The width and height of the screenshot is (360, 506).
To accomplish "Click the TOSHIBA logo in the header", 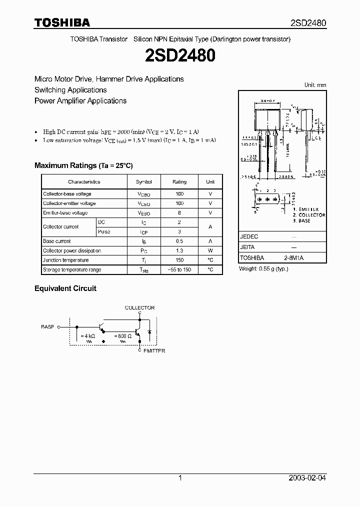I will [62, 22].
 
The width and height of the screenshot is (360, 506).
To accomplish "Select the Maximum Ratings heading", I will [83, 165].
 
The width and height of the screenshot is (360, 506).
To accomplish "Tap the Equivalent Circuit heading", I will [65, 288].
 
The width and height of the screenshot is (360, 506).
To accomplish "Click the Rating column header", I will [179, 182].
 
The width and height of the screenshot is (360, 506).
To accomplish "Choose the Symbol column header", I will [144, 182].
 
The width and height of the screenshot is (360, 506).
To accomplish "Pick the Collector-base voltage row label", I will [67, 194].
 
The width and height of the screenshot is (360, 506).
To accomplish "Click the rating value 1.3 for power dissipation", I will [179, 251].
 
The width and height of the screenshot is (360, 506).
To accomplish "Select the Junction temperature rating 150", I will [179, 260].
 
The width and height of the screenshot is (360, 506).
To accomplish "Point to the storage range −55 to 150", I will [179, 270].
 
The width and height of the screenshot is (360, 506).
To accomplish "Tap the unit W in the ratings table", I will [210, 251].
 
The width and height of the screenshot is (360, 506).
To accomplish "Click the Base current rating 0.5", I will [179, 241].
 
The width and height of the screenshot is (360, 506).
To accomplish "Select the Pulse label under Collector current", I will [104, 232].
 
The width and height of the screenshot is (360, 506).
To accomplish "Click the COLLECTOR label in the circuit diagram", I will [139, 308].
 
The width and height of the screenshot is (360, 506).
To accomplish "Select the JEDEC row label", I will [249, 237].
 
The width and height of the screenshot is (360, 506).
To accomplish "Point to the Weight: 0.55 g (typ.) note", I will [263, 269].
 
